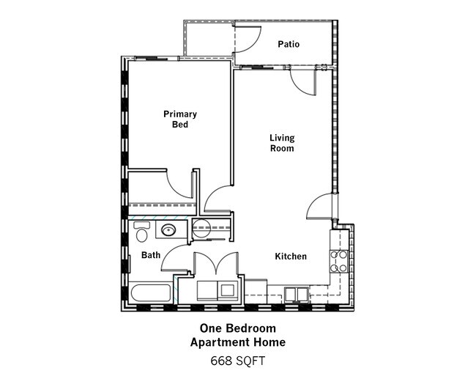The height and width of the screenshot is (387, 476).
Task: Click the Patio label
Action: pyautogui.click(x=289, y=45)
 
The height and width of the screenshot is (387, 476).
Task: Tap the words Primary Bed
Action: pyautogui.click(x=179, y=119)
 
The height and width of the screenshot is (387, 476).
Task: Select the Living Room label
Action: pyautogui.click(x=281, y=142)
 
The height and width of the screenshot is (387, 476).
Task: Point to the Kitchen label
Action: pyautogui.click(x=290, y=257)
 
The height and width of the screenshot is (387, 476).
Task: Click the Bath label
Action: pyautogui.click(x=151, y=255)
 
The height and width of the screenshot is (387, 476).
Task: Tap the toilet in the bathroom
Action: pyautogui.click(x=141, y=232)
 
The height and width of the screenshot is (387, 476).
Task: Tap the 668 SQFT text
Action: pyautogui.click(x=237, y=361)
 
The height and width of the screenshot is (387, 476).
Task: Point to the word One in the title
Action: pyautogui.click(x=212, y=328)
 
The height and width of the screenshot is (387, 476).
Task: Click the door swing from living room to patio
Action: pyautogui.click(x=302, y=78)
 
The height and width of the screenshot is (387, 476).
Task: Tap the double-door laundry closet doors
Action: pyautogui.click(x=216, y=262)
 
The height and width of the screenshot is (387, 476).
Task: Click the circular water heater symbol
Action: pyautogui.click(x=202, y=228)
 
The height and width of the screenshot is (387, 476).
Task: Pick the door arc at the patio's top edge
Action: pyautogui.click(x=245, y=37)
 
